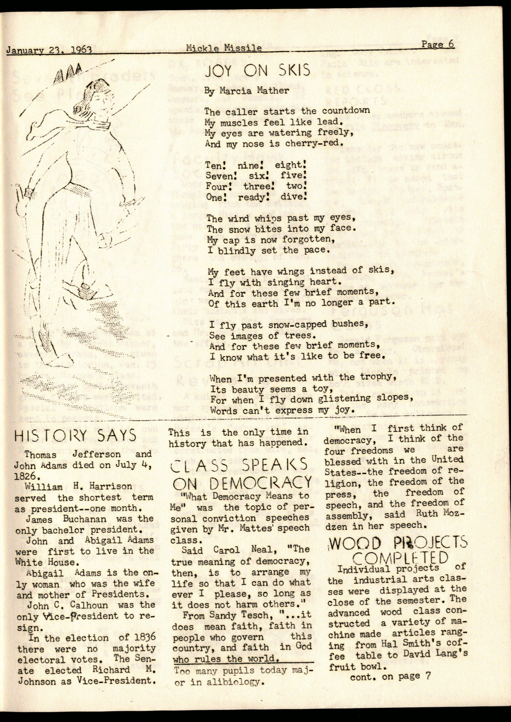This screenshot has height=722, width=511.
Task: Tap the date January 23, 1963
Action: tap(49, 50)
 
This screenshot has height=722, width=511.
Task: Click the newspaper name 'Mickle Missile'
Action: tap(223, 48)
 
